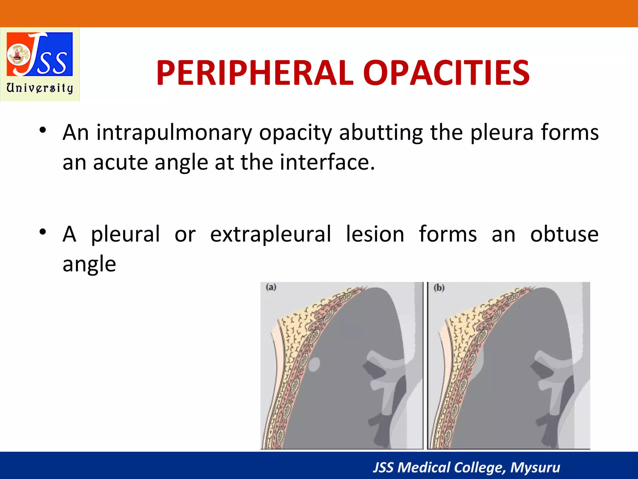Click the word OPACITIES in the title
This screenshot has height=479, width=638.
[x=446, y=73]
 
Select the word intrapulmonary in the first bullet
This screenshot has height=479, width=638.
[x=174, y=133]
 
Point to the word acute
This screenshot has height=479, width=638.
[x=120, y=162]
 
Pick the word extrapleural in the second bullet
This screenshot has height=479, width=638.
[x=271, y=234]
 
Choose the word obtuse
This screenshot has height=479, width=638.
[x=564, y=234]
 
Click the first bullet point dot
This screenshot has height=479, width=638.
[x=43, y=130]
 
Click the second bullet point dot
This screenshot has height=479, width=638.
[x=43, y=232]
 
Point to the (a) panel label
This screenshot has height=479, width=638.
[x=271, y=287]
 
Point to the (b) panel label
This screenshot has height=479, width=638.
[x=439, y=287]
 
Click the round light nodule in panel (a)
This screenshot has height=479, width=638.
[x=314, y=364]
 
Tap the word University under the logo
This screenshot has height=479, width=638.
[x=40, y=88]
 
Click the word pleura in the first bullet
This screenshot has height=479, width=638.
[x=502, y=133]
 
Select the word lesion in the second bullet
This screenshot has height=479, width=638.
[x=375, y=234]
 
